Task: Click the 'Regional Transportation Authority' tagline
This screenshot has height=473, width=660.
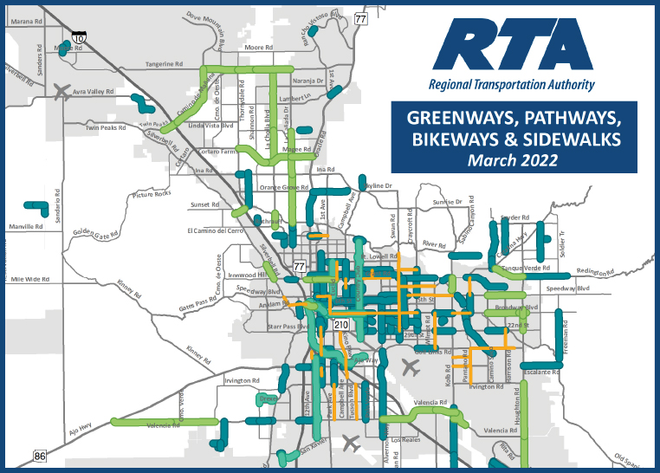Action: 512,85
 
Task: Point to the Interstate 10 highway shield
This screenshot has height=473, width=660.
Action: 79,38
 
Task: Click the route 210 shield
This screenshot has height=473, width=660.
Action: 341,324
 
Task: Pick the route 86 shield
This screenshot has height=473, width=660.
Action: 41,456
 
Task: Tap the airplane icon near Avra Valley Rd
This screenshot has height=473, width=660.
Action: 61,90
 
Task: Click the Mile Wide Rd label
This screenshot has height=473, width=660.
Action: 29,280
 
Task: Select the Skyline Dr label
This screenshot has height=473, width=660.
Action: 377,186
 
